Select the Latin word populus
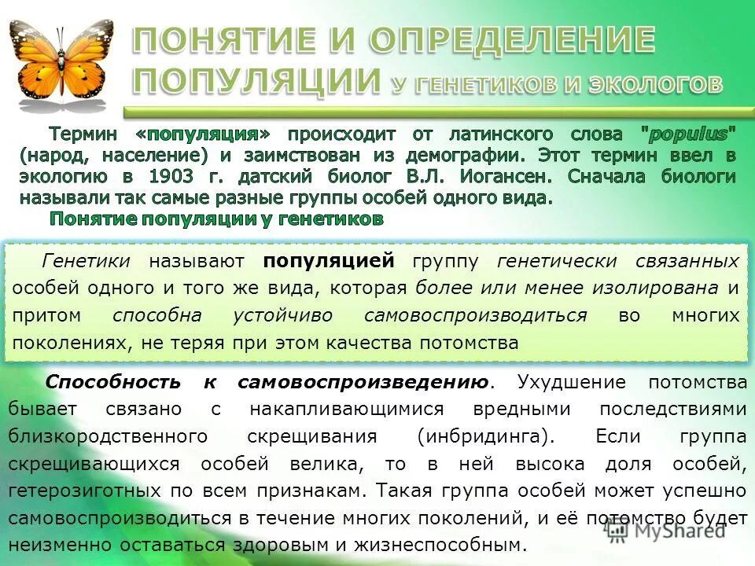pyautogui.click(x=689, y=134)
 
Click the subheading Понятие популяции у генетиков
pyautogui.click(x=217, y=219)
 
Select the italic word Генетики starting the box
pyautogui.click(x=87, y=260)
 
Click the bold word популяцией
pyautogui.click(x=328, y=260)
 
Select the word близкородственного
pyautogui.click(x=109, y=436)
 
